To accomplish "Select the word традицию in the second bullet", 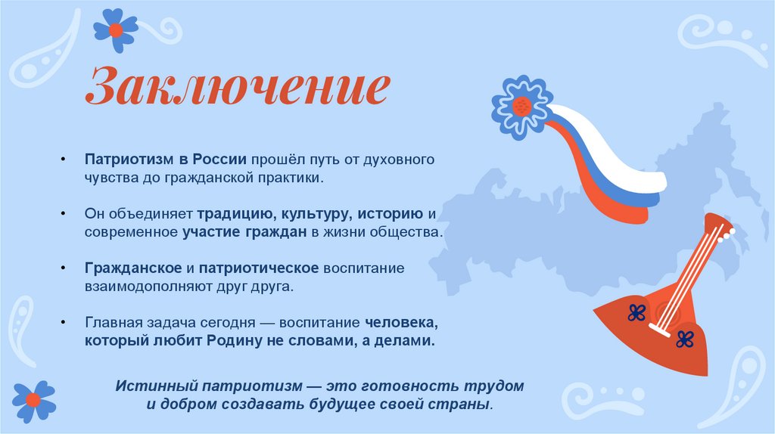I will coord(233,215).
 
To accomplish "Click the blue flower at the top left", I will coord(115,30).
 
